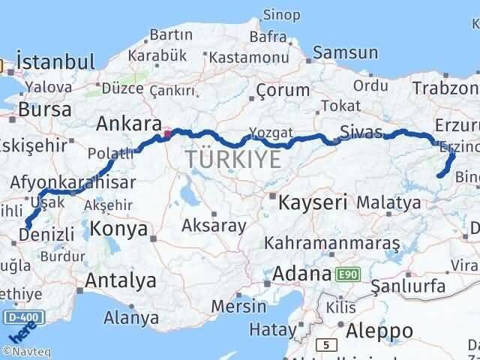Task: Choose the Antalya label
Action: click(121, 280)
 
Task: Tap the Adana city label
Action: click(302, 274)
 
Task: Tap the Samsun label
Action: click(345, 52)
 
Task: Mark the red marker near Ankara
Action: click(167, 135)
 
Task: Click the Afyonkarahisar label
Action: click(73, 182)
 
